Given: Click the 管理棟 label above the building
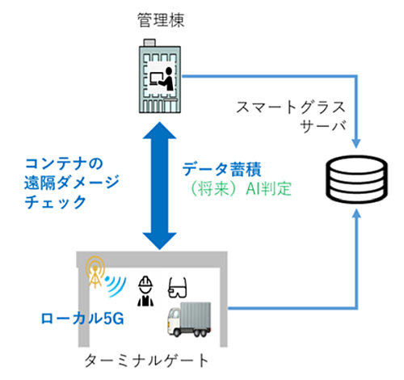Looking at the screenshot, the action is [161, 20].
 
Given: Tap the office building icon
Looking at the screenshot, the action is [160, 76].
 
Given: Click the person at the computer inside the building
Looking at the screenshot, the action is [162, 78].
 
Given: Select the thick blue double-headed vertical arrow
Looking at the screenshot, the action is [159, 186].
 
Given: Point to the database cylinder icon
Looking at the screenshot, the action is [356, 179].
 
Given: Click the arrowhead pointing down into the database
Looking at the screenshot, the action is [356, 143].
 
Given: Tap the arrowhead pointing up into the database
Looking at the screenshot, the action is [356, 215].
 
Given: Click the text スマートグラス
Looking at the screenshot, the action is [291, 108].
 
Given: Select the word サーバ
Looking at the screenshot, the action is [322, 126].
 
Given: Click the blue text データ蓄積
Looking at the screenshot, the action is [221, 169].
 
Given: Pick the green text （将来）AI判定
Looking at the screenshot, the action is [241, 188].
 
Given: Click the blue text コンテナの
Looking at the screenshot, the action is [64, 163].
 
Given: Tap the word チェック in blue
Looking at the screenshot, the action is [55, 202].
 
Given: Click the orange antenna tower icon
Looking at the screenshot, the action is [95, 272].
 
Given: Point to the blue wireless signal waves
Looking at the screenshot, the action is [116, 285].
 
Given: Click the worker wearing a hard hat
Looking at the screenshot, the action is [145, 291].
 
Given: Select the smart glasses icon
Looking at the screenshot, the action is [177, 288].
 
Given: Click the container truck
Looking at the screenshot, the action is [189, 319].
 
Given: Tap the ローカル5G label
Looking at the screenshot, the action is [82, 319].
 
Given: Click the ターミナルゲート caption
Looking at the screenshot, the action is [147, 361].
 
